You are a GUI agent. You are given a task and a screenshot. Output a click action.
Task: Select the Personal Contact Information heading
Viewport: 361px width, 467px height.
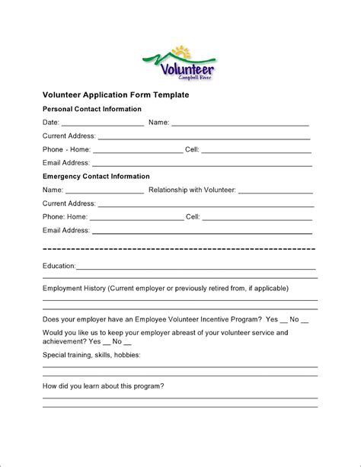91,109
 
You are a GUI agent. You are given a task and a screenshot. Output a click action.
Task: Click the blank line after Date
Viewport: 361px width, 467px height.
102,123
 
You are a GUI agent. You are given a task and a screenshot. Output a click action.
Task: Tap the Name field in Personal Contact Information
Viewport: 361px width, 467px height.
240,123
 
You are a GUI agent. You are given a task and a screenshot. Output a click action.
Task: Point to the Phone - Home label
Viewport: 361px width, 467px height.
66,149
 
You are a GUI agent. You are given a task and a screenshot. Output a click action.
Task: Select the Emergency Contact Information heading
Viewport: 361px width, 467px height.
96,176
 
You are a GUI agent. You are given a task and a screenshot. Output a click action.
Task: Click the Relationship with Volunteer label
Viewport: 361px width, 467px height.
194,190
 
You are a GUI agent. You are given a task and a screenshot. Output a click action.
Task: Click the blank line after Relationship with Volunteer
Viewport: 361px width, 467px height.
278,191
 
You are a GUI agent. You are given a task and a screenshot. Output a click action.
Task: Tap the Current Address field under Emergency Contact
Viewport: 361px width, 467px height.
206,205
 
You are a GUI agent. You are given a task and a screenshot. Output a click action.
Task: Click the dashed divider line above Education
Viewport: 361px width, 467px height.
180,249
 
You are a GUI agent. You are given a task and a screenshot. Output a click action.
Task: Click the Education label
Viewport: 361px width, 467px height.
59,266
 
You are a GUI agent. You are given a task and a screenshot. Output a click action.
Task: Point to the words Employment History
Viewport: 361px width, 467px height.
74,289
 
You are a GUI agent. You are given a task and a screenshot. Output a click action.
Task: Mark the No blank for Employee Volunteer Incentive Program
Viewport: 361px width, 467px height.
305,321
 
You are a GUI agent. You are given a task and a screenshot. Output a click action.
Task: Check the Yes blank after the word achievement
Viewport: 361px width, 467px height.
106,344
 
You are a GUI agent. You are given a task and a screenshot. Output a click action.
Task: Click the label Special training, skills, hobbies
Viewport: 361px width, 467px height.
91,355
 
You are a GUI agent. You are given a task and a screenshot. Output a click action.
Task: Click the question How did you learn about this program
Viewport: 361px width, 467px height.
103,385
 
